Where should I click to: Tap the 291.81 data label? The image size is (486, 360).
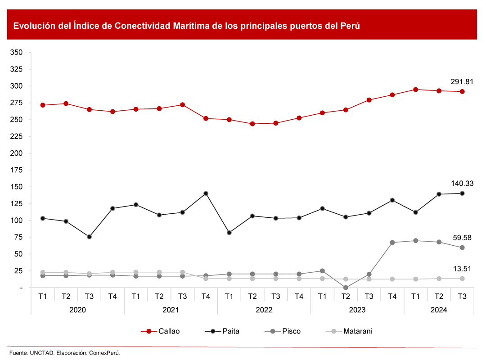pyautogui.click(x=462, y=81)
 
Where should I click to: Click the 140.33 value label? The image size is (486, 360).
pyautogui.click(x=462, y=183)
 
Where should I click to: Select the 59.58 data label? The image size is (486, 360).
pyautogui.click(x=462, y=238)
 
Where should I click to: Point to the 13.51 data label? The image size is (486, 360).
pyautogui.click(x=462, y=269)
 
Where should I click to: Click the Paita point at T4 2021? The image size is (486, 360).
pyautogui.click(x=206, y=193)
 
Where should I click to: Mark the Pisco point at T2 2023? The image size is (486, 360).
pyautogui.click(x=346, y=288)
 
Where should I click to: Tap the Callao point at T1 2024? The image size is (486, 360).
pyautogui.click(x=415, y=90)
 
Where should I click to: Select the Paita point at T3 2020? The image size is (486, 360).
pyautogui.click(x=90, y=237)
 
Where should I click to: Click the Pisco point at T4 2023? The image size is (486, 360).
pyautogui.click(x=392, y=243)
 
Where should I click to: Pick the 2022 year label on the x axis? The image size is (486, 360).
pyautogui.click(x=264, y=310)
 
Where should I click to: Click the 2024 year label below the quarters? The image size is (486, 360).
pyautogui.click(x=439, y=310)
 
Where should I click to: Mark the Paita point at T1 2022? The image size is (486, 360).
pyautogui.click(x=229, y=233)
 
